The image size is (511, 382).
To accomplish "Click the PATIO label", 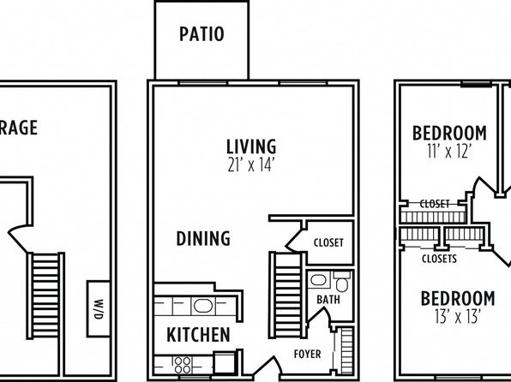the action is [201, 34].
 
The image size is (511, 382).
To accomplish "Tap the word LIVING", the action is [251, 146].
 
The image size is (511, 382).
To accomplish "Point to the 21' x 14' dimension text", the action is [250, 165].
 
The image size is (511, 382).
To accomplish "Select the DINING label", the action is [203, 238].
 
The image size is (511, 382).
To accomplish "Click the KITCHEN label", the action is [198, 334].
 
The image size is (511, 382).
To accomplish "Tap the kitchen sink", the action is [203, 306].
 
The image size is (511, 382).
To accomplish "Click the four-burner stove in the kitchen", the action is [182, 365].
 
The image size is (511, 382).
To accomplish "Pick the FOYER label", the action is [307, 354].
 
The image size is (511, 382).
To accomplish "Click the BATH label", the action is [328, 300].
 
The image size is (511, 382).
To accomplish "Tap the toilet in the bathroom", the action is [342, 282].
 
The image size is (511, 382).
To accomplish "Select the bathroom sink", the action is [318, 280].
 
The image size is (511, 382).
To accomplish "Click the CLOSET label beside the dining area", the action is [328, 242].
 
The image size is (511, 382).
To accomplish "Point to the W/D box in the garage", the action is [99, 308].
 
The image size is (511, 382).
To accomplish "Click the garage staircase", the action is [45, 295].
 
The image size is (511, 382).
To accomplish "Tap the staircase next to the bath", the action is [288, 295].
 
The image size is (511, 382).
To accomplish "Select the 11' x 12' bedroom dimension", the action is [449, 152].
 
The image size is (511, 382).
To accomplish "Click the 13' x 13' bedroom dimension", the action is [458, 316].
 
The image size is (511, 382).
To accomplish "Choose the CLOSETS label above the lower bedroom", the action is [439, 259].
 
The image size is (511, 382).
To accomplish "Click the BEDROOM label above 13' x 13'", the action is [458, 298].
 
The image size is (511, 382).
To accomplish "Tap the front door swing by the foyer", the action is [268, 367].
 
